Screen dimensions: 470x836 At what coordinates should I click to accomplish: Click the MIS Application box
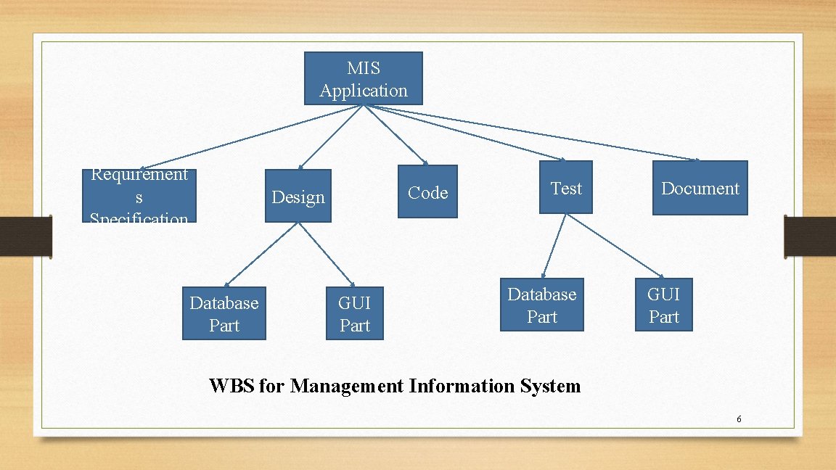pyautogui.click(x=363, y=78)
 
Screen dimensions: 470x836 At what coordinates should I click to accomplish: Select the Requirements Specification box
pyautogui.click(x=139, y=196)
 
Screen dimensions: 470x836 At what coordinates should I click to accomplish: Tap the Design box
pyautogui.click(x=298, y=197)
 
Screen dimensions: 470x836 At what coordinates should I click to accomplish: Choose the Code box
pyautogui.click(x=427, y=192)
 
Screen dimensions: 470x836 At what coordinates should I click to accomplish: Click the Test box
pyautogui.click(x=566, y=188)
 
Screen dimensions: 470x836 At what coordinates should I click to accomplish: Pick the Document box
pyautogui.click(x=700, y=189)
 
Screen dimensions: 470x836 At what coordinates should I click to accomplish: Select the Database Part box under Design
pyautogui.click(x=224, y=313)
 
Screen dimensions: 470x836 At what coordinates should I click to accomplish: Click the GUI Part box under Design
pyautogui.click(x=354, y=313)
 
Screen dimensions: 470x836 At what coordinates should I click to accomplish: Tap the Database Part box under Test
pyautogui.click(x=541, y=305)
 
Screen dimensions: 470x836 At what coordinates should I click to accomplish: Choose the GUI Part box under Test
pyautogui.click(x=663, y=305)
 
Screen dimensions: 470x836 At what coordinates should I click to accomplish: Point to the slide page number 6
pyautogui.click(x=738, y=419)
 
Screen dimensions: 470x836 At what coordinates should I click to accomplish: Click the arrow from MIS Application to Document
pyautogui.click(x=530, y=133)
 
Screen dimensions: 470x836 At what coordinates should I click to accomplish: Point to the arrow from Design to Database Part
pyautogui.click(x=261, y=253)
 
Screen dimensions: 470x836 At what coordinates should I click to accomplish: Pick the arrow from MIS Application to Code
pyautogui.click(x=396, y=134)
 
